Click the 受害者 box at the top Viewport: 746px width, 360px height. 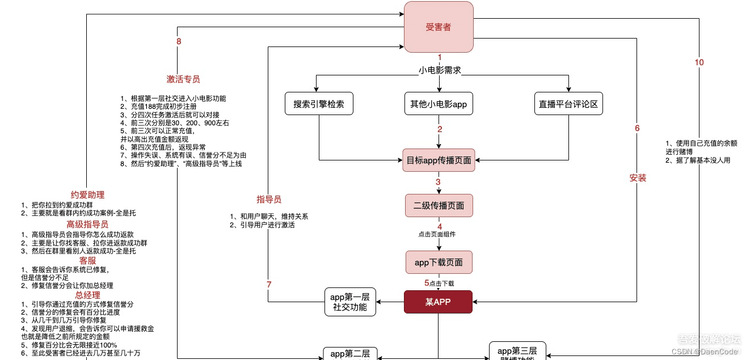click(439, 27)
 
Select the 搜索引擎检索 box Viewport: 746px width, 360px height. click(319, 104)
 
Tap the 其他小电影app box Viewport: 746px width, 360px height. click(439, 104)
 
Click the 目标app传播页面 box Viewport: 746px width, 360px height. click(439, 160)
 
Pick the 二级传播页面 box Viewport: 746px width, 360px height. click(439, 205)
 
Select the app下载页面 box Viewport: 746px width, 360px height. click(439, 262)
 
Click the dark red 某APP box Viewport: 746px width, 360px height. click(439, 302)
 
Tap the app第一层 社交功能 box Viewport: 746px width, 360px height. click(350, 302)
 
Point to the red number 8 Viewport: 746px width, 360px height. click(179, 41)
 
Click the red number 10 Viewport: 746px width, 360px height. click(699, 62)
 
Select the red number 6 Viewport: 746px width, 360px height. click(637, 128)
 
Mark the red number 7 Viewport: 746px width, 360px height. click(269, 284)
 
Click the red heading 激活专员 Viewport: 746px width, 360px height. click(183, 79)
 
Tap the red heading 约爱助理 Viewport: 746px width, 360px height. click(87, 194)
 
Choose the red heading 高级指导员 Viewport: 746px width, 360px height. click(87, 225)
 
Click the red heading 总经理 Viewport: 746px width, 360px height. click(87, 295)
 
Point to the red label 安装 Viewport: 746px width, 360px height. click(638, 177)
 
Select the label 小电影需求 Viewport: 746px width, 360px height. click(439, 70)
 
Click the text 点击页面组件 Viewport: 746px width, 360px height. click(437, 234)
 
